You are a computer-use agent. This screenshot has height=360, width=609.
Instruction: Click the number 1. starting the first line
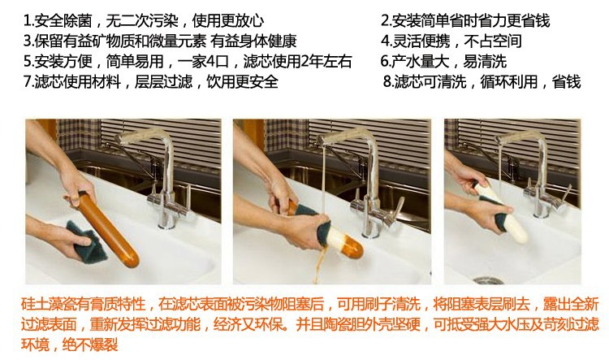[x=28, y=20]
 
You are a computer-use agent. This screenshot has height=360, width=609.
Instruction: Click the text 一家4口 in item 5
[x=204, y=62]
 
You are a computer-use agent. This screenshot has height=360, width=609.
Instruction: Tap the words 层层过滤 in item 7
[x=163, y=81]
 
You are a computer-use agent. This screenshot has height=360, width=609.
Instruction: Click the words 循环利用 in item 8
[x=509, y=81]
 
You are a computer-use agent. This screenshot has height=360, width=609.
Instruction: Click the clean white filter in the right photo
[x=501, y=213]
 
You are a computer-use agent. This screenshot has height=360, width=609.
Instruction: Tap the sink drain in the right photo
[x=488, y=280]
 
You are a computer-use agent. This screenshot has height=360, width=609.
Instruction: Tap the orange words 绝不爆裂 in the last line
[x=90, y=345]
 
